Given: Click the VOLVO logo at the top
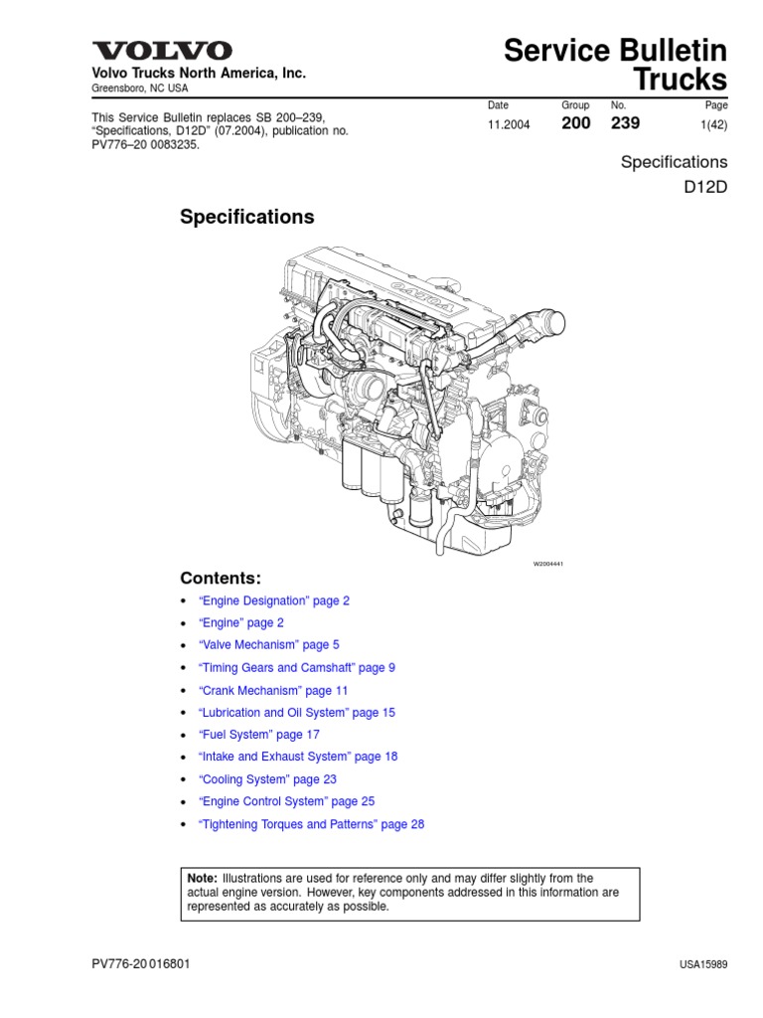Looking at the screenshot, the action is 162,51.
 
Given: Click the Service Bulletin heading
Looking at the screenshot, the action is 615,50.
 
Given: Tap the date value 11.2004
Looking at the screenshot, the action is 509,124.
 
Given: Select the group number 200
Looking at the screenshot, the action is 576,123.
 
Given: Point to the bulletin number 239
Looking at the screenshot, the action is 626,123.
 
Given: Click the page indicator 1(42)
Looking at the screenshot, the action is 713,124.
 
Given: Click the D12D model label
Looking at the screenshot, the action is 706,187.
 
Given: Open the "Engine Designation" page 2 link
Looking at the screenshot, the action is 274,600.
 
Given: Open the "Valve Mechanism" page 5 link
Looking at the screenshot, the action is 268,644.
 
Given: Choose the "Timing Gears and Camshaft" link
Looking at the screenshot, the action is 296,667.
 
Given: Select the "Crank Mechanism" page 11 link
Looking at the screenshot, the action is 273,690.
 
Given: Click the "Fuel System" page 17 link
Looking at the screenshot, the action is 259,735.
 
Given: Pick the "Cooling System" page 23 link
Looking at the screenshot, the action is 267,779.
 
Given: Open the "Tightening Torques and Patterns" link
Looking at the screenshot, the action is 311,824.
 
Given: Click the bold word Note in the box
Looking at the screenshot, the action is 202,878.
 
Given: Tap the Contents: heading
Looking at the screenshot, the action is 221,578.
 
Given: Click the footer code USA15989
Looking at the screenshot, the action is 703,964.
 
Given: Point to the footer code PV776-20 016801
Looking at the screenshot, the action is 141,963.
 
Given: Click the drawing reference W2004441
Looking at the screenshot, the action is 548,564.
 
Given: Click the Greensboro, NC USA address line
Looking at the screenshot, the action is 139,88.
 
